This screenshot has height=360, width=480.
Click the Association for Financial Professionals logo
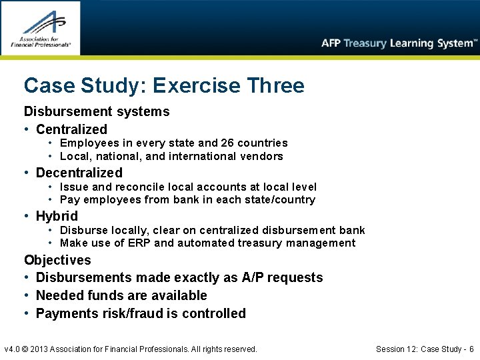pos(40,27)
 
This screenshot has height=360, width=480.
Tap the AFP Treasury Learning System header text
pos(399,43)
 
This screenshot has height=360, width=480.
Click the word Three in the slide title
pos(275,85)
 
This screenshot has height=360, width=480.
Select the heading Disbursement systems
pos(97,111)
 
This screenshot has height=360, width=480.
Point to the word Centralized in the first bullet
pos(71,129)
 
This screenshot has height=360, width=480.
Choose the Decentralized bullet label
pos(79,173)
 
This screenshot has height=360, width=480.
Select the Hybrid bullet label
pos(57,216)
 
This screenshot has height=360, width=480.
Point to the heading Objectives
pos(57,260)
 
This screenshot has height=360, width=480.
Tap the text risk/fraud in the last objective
pos(130,313)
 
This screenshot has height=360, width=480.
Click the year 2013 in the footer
pos(47,349)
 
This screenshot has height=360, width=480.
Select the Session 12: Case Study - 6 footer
pos(425,349)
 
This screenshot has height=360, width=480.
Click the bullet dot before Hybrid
pos(27,216)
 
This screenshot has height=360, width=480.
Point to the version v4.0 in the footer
pos(13,349)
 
